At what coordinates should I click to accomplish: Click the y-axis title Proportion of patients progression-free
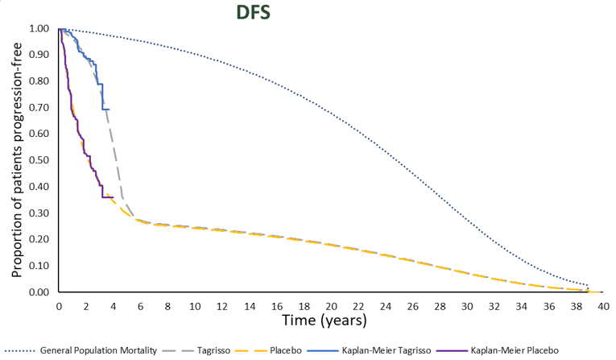pos(15,159)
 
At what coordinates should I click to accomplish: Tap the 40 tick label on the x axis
pos(602,306)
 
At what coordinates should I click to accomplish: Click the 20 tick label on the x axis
pos(330,306)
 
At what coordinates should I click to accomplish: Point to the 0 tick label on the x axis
pos(59,306)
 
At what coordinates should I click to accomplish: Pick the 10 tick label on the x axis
pos(194,306)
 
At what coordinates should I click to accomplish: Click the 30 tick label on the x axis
pos(466,306)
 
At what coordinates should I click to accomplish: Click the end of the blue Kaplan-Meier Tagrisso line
pos(109,109)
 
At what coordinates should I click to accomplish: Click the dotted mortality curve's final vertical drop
pos(588,288)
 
